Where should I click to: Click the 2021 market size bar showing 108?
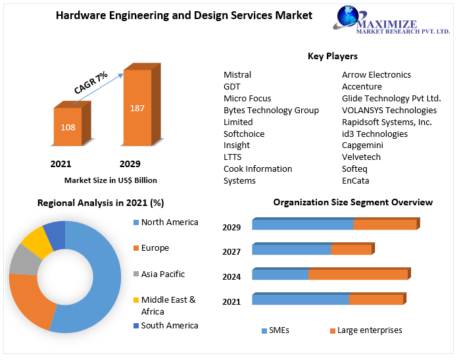click(x=68, y=126)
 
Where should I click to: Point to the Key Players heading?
click(x=332, y=57)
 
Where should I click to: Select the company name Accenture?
click(x=362, y=86)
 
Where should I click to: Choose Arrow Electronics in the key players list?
click(x=376, y=74)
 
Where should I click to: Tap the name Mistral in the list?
click(x=237, y=74)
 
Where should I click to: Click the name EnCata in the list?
click(x=355, y=181)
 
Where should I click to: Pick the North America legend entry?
click(x=169, y=222)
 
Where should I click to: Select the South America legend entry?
click(x=169, y=326)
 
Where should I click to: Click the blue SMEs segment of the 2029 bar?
click(x=302, y=225)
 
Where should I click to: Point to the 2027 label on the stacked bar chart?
click(x=231, y=252)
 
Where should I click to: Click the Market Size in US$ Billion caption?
click(x=110, y=180)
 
